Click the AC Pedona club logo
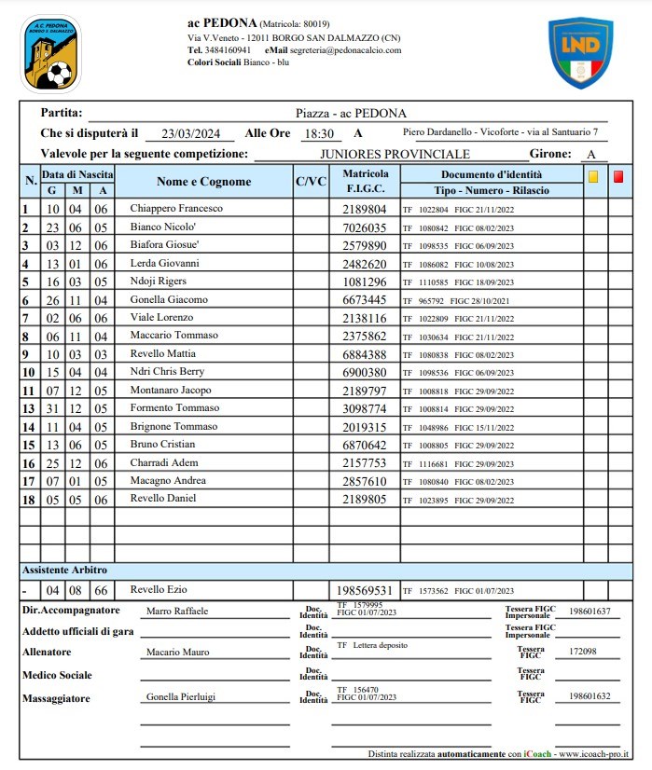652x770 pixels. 51,53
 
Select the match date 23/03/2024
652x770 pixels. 189,134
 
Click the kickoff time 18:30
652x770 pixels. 319,134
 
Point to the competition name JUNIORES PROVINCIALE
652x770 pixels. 395,154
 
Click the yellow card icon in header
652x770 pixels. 592,175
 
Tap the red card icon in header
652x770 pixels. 618,175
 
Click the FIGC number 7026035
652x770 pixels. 365,227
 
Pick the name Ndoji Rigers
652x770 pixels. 159,282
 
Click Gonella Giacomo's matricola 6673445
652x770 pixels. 365,300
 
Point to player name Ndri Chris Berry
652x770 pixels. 167,372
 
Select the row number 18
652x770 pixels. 28,499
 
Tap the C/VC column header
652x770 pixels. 311,182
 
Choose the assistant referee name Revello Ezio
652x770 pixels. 157,590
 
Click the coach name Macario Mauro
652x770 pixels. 178,653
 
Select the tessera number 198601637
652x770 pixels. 590,612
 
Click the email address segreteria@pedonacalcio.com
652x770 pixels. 345,50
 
